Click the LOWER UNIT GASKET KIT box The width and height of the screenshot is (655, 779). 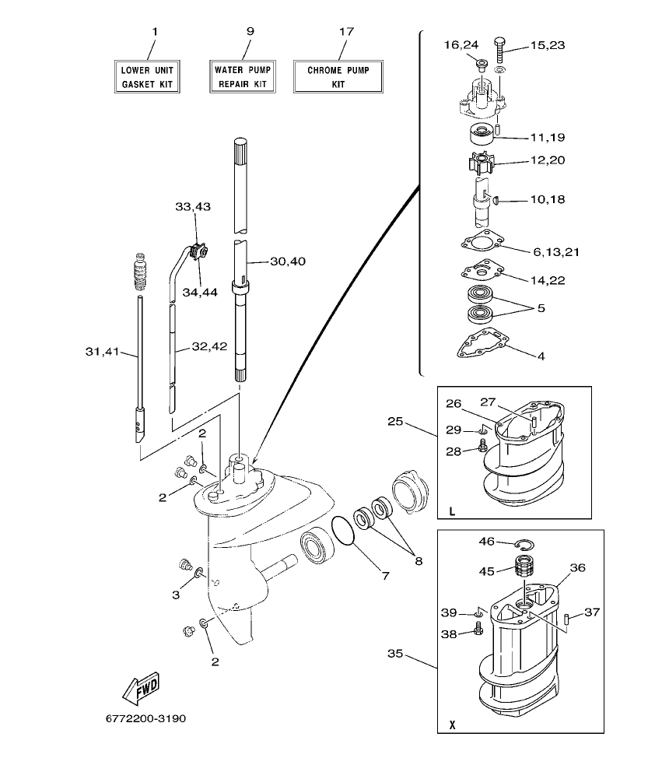pos(147,76)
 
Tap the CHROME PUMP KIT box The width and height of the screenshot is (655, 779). pos(338,76)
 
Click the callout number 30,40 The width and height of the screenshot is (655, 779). pos(287,261)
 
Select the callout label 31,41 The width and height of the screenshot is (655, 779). pos(102,351)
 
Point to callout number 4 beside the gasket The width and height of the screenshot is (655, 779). pos(541,356)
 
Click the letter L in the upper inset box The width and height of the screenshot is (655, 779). pos(452,511)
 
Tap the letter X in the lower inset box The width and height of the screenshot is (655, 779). pos(452,725)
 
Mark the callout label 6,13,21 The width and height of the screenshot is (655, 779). pos(556,252)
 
